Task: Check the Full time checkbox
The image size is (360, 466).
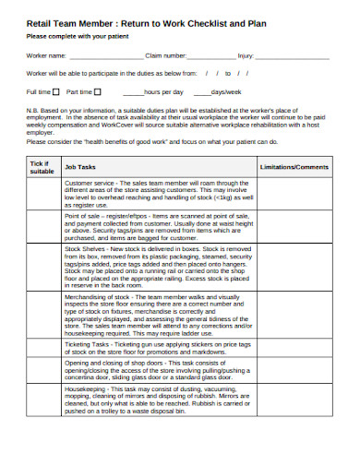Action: [56, 92]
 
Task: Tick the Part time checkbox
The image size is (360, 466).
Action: [101, 92]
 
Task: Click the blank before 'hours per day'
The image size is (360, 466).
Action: [132, 93]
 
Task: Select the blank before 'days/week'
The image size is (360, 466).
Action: [199, 93]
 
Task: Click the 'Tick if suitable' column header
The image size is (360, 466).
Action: [42, 166]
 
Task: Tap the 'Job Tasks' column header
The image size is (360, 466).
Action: [80, 167]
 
